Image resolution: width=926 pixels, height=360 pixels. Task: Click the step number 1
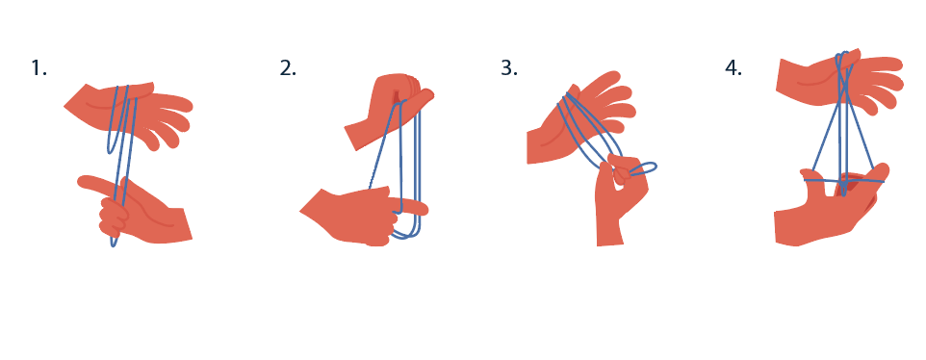(x=39, y=68)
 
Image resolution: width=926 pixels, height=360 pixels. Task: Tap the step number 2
(x=288, y=68)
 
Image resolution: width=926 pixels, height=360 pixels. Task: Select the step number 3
(x=509, y=68)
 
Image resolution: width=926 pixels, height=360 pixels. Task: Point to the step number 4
(x=733, y=68)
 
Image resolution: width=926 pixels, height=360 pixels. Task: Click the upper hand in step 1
(x=130, y=112)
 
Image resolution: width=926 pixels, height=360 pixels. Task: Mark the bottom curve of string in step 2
(x=406, y=235)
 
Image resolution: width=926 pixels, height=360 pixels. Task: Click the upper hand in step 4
(x=838, y=82)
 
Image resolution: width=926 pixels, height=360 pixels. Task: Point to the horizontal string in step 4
(x=843, y=181)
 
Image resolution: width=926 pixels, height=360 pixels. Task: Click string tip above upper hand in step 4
(x=842, y=54)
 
